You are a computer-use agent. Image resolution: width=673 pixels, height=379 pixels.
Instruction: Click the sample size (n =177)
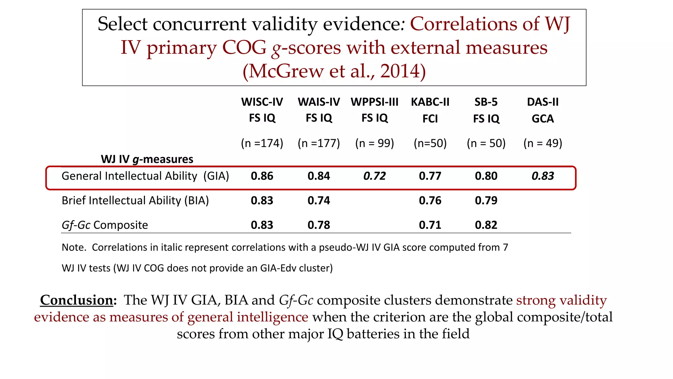(x=319, y=143)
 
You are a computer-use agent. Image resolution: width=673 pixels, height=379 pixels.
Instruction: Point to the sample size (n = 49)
(x=543, y=143)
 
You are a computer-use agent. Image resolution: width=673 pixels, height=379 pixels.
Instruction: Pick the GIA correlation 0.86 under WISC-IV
(x=262, y=176)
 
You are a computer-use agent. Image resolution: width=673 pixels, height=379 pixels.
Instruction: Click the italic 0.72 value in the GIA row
(x=374, y=176)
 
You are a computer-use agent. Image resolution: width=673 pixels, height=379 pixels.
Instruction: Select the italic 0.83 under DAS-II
(x=543, y=176)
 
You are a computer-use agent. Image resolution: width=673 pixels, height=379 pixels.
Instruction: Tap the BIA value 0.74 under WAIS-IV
(x=319, y=200)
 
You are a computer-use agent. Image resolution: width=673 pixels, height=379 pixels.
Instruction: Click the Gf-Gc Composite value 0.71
(x=430, y=225)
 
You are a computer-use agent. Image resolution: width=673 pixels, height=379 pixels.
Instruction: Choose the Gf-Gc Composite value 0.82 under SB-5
(x=486, y=225)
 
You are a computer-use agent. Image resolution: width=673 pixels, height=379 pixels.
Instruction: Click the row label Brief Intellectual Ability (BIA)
(x=135, y=200)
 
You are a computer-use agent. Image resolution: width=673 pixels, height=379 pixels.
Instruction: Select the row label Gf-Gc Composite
(x=105, y=225)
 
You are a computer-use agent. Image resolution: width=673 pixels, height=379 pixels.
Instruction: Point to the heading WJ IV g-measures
(x=147, y=159)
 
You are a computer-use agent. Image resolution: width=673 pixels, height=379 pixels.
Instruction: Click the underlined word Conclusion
(x=77, y=300)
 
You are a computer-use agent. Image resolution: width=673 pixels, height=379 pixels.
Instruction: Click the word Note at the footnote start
(x=73, y=247)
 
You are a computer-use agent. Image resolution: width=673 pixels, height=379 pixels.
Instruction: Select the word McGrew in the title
(x=286, y=71)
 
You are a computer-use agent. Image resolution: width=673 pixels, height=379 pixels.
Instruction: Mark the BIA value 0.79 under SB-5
(x=486, y=200)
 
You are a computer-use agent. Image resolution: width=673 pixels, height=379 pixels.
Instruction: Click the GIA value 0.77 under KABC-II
(x=430, y=176)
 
